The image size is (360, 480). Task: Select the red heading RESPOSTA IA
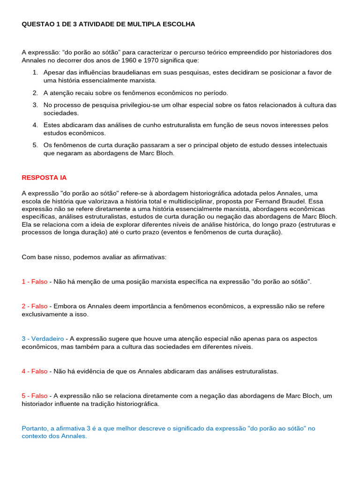44,178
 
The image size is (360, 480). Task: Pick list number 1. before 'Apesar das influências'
35,73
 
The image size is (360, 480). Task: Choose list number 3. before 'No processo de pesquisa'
35,105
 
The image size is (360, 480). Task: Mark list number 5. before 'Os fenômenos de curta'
35,145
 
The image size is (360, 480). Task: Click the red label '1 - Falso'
35,282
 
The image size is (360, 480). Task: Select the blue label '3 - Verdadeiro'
43,338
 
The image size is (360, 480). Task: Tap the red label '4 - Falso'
35,371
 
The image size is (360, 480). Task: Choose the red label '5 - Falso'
35,396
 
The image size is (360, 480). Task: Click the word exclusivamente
45,314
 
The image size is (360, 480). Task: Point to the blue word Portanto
35,428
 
